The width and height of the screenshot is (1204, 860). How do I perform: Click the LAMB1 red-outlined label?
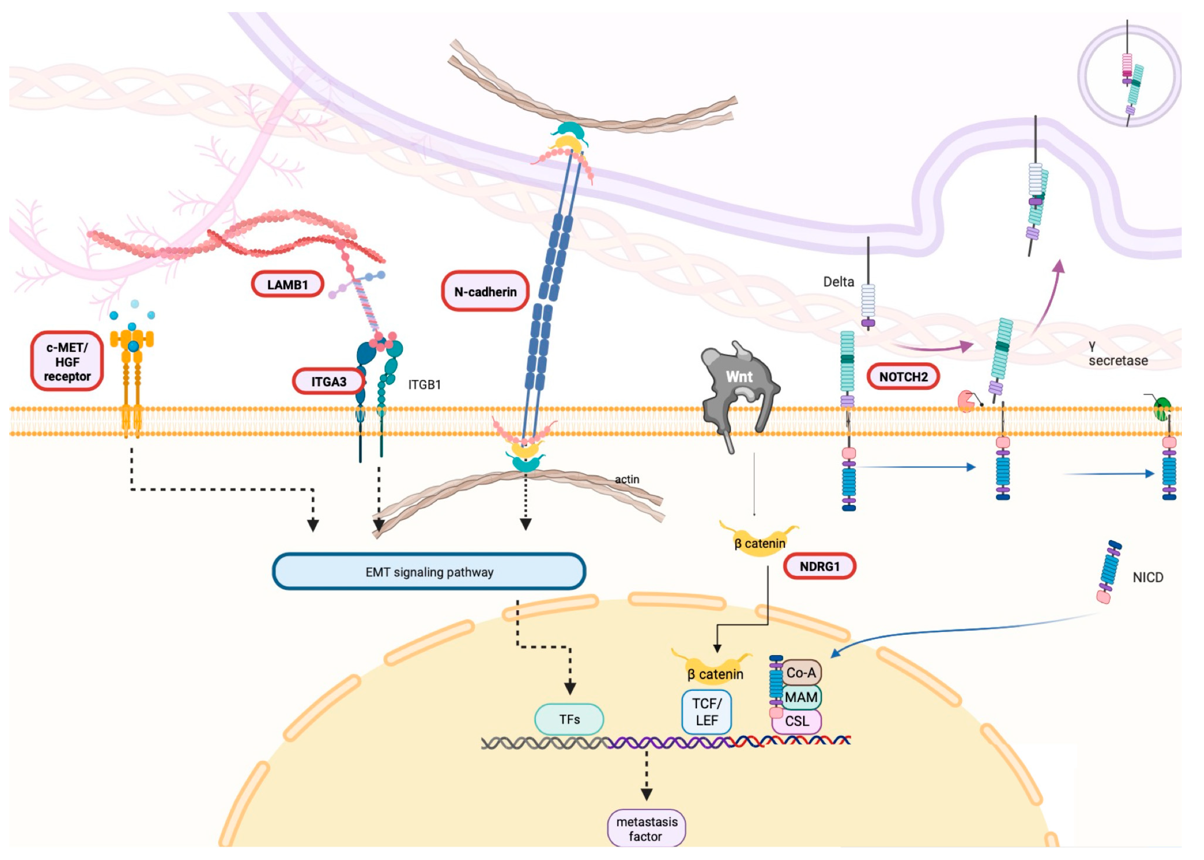click(287, 284)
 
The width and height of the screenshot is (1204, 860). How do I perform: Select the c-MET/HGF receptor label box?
click(67, 362)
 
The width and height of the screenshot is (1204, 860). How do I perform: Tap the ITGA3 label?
click(329, 381)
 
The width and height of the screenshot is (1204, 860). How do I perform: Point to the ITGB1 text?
click(424, 384)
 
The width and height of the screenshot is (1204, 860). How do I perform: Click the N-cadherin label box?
click(485, 291)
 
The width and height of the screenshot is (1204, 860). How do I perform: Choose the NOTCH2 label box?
click(903, 377)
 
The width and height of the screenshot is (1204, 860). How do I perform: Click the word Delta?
click(838, 282)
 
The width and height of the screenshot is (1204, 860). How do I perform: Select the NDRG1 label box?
click(819, 566)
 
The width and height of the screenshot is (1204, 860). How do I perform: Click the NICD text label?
click(1147, 577)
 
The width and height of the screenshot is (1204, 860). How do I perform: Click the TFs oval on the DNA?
click(569, 719)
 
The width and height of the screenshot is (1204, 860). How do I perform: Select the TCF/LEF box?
click(707, 712)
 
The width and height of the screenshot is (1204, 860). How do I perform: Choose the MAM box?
click(801, 697)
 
